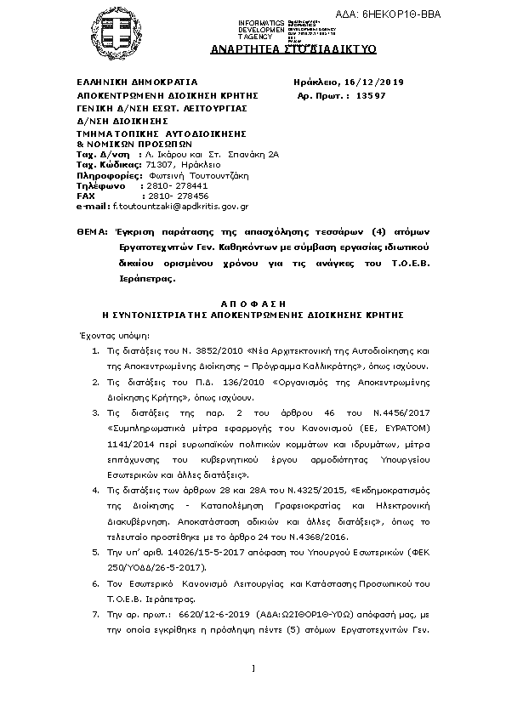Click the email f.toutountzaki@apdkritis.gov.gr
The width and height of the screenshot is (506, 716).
181,206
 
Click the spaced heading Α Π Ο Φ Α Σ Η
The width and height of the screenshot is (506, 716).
253,304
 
